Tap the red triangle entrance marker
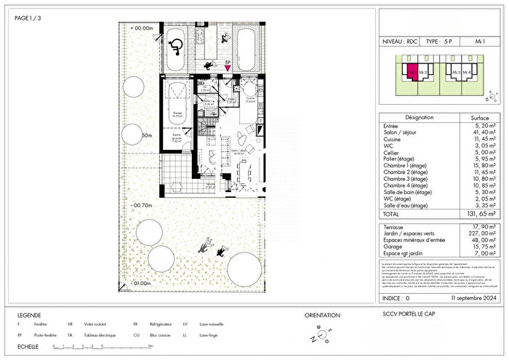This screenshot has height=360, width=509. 228,70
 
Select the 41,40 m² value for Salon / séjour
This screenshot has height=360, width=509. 476,132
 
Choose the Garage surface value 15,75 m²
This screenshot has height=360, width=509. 476,247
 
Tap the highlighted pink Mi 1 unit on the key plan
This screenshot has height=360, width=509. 412,73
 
